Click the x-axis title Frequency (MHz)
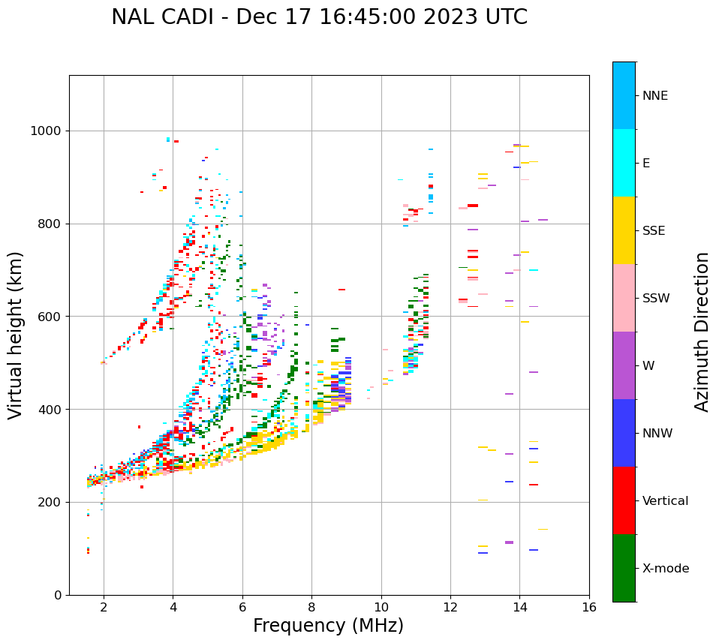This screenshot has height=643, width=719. (328, 626)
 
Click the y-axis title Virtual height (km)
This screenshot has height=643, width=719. (16, 335)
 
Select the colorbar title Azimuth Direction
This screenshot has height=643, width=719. (702, 331)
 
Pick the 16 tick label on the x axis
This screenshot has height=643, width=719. (589, 607)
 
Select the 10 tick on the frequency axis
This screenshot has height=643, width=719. (381, 607)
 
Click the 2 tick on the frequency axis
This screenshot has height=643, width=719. (104, 607)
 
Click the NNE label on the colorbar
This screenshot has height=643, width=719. (654, 96)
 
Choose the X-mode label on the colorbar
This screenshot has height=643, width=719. (665, 569)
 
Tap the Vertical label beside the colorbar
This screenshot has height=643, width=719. (665, 501)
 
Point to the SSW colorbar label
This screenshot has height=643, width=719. (655, 299)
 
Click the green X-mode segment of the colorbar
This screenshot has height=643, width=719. (624, 568)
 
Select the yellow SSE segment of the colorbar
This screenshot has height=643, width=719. (624, 230)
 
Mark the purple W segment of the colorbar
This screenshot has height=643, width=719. (624, 365)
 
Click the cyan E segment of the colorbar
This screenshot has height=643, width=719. (624, 163)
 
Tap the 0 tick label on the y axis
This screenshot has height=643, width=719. (59, 595)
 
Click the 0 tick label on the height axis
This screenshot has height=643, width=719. (59, 595)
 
